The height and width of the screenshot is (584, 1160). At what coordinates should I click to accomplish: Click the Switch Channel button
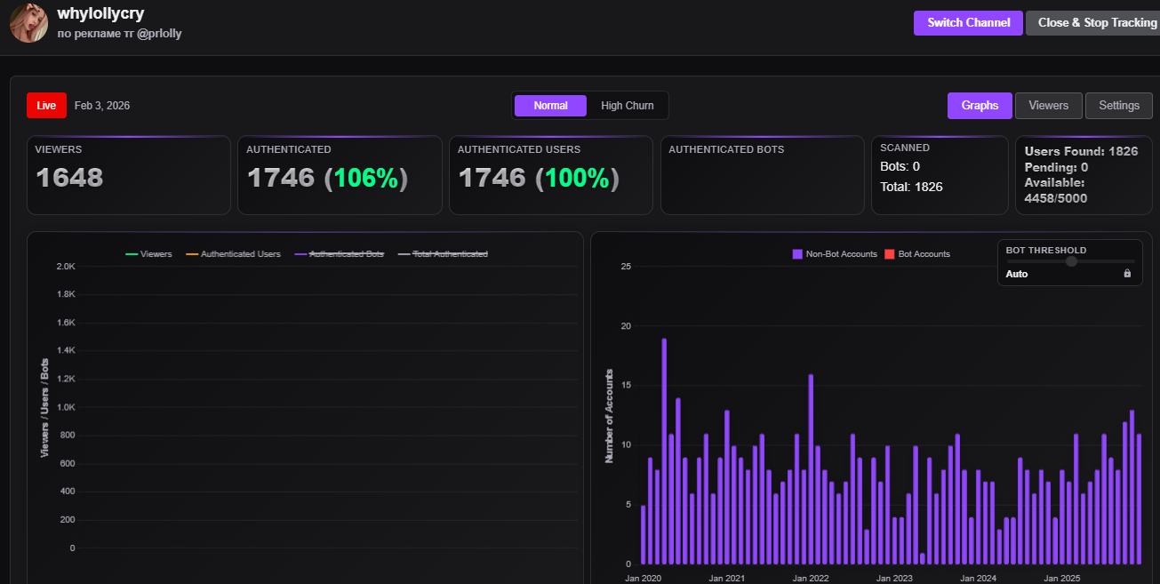click(968, 23)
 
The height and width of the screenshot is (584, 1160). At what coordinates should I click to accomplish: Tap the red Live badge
click(46, 106)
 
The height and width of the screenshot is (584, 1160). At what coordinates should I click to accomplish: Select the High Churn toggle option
click(627, 106)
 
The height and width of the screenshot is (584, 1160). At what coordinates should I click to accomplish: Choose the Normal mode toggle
click(550, 106)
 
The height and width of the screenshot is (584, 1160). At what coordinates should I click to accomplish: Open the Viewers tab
click(1048, 106)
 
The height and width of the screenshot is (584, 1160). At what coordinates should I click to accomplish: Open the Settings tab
click(1118, 106)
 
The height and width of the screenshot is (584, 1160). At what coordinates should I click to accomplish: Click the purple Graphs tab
click(980, 106)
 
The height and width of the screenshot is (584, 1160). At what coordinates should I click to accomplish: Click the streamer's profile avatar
click(28, 22)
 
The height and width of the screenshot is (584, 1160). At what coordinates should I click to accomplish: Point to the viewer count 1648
click(69, 178)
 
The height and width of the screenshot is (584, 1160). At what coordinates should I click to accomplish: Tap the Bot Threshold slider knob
click(1071, 261)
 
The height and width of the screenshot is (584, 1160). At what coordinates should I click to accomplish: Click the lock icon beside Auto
click(1127, 274)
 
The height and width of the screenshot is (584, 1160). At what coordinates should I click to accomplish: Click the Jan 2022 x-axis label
click(810, 578)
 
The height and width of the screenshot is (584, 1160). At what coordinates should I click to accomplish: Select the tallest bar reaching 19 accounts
click(664, 452)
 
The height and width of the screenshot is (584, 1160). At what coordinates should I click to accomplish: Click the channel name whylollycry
click(100, 13)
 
